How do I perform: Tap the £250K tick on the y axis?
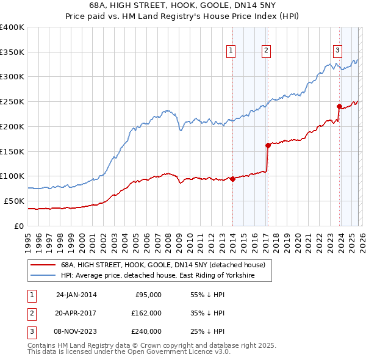pos(12,101)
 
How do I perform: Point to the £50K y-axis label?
pos(13,201)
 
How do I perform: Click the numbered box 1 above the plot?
pos(232,51)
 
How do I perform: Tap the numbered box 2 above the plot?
pos(267,51)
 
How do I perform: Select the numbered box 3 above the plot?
pos(337,51)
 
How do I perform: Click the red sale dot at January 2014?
pos(232,179)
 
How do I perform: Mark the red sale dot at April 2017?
pos(268,145)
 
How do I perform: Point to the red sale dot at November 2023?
pos(339,106)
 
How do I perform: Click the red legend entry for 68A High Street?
pos(162,265)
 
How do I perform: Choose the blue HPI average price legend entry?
pos(157,276)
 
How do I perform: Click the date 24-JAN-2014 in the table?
pos(76,295)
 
